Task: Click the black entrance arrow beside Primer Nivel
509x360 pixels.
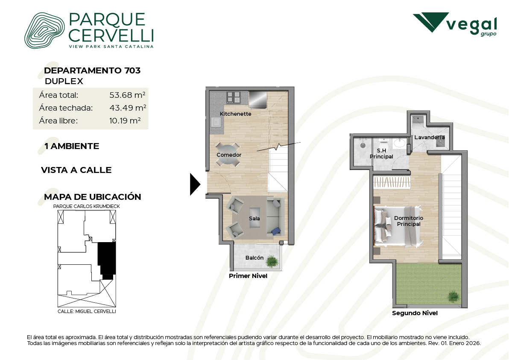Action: coord(195,184)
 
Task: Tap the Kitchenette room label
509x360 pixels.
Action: coord(235,114)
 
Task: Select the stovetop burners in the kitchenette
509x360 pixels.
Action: coord(234,97)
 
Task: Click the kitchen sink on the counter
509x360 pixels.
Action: coord(216,122)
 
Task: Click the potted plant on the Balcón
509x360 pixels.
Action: coord(273,261)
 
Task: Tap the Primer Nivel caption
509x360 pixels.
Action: coord(248,276)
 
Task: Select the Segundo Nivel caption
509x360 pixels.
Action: coord(415,313)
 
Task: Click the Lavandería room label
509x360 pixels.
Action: coord(430,138)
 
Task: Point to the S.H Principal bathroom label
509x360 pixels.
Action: coord(381,154)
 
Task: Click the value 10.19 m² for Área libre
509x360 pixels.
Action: coord(125,121)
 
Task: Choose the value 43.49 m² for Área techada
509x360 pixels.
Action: coord(128,108)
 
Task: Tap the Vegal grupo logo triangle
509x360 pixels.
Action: coord(431,22)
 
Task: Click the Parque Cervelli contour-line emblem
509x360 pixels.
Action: coord(44,30)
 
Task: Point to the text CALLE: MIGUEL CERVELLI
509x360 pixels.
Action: coord(87,311)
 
